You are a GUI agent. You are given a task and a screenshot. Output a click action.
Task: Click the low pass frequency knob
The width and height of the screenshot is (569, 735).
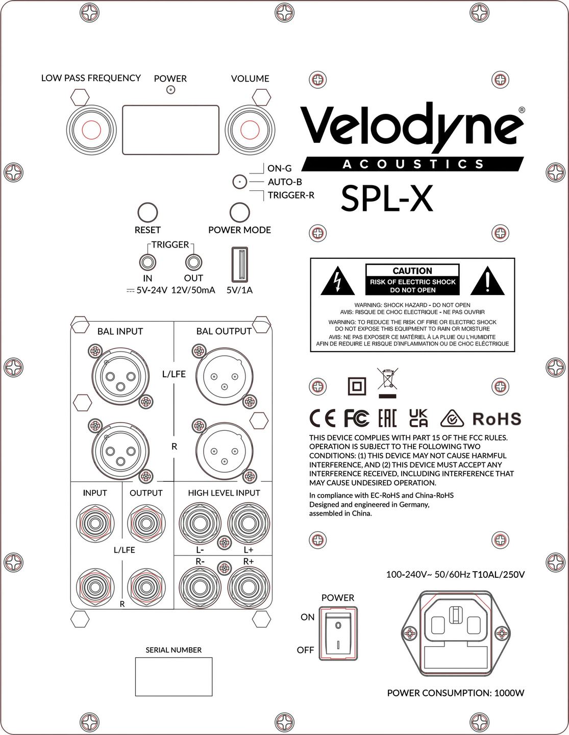[x=91, y=130]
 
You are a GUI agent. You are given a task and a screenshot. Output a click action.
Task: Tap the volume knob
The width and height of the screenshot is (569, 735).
[x=250, y=130]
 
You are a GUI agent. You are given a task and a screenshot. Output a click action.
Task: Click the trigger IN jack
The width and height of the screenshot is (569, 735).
[x=148, y=262]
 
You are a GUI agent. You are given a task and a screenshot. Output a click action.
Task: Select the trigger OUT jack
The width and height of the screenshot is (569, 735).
[x=194, y=262]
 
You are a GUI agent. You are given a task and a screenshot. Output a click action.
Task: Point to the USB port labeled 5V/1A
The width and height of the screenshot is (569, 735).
[x=239, y=264]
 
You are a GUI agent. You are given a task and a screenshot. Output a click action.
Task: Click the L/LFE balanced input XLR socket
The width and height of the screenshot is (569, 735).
[x=121, y=376]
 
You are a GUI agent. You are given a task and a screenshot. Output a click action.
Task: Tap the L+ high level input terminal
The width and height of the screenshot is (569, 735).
[x=249, y=523]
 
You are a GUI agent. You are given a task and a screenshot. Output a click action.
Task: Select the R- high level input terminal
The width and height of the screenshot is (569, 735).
[x=200, y=587]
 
